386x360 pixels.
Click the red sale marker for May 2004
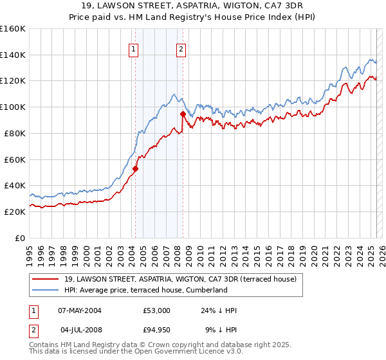tap(136, 169)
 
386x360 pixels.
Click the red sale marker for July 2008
tap(183, 114)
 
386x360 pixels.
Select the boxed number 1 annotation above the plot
tap(133, 49)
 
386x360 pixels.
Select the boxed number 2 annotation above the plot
tap(181, 49)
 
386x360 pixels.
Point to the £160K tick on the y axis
tap(13, 29)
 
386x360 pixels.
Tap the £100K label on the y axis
tap(13, 107)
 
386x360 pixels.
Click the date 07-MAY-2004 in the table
tap(79, 310)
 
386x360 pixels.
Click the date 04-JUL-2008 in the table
tap(79, 331)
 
